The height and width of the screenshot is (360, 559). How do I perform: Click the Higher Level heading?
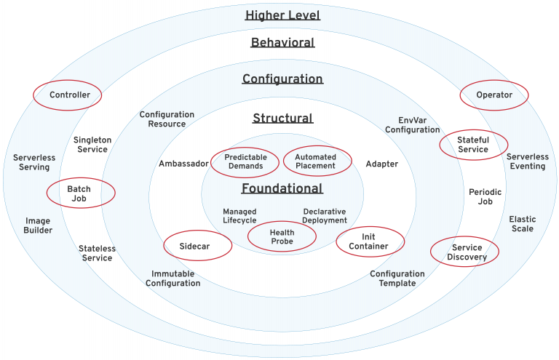click(x=282, y=15)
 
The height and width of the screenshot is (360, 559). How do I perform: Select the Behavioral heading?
click(x=282, y=43)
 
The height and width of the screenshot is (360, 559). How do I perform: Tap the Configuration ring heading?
click(x=282, y=79)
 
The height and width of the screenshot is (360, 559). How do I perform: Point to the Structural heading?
click(x=282, y=119)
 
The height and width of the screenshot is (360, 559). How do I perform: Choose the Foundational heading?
click(x=282, y=189)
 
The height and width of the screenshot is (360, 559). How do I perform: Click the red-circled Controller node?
click(x=69, y=95)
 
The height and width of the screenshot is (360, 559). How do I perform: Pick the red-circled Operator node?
click(x=494, y=95)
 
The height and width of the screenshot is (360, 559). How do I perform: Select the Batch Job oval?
click(x=79, y=193)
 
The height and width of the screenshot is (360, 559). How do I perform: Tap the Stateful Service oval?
click(x=473, y=144)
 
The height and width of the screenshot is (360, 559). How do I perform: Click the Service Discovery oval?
click(x=467, y=252)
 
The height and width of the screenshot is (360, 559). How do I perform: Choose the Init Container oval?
click(x=370, y=241)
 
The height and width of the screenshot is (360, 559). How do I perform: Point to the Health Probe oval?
click(x=282, y=237)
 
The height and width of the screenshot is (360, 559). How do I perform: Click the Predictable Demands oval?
click(x=245, y=161)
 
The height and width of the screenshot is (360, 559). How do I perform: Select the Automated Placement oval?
click(x=315, y=161)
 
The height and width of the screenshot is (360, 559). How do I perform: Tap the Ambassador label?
click(x=183, y=164)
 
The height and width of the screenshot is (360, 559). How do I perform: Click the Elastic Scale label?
click(x=521, y=224)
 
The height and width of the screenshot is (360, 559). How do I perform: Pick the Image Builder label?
click(x=39, y=225)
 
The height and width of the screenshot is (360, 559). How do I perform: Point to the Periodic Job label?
click(x=485, y=196)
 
